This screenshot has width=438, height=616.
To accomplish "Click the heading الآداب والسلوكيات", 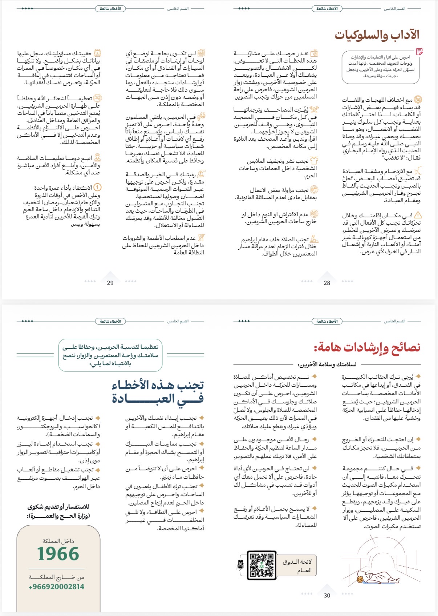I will [377, 35].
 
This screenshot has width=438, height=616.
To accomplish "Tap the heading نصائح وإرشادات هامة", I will [367, 347].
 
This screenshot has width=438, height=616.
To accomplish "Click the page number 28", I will [327, 283].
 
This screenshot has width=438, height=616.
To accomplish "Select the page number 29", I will [110, 283].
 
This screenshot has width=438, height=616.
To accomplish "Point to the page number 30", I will [327, 595].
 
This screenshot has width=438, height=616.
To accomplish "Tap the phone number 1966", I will [58, 554].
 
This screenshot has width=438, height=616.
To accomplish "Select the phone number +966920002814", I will [57, 587].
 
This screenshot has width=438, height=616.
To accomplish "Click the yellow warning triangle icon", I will [418, 215].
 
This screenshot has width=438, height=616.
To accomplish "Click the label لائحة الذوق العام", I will [297, 565].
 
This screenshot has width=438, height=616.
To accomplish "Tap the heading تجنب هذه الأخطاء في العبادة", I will [158, 392].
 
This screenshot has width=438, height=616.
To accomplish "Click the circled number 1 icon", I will [97, 188].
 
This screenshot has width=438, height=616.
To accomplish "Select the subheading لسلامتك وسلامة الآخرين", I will [327, 364].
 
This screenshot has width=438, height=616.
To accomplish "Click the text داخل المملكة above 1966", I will [58, 541].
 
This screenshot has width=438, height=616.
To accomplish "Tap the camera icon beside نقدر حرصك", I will [314, 53].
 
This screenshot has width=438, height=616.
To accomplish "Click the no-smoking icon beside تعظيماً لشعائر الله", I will [97, 98].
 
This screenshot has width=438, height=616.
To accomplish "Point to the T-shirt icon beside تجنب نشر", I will [314, 161].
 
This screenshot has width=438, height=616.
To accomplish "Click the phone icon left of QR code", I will [240, 564].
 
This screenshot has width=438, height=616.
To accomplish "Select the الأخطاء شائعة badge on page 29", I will [110, 8].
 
